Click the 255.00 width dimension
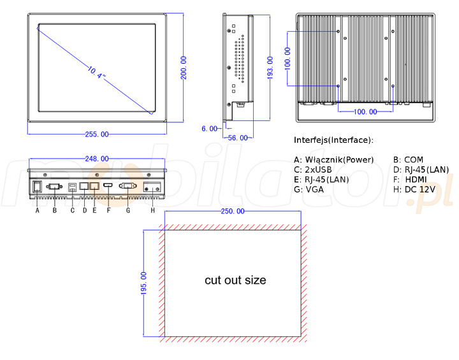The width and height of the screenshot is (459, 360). (96, 134)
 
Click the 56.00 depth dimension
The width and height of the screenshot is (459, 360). (237, 138)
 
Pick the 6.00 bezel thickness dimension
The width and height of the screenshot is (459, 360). (209, 129)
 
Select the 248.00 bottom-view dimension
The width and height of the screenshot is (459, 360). (97, 159)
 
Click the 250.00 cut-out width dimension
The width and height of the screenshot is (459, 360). (233, 211)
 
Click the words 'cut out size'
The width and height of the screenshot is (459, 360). (235, 280)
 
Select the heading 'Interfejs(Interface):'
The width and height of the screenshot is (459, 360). (333, 140)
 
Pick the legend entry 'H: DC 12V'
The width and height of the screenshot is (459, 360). (414, 190)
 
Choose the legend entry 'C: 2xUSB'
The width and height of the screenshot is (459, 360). (313, 169)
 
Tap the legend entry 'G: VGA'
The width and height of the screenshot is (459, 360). (310, 190)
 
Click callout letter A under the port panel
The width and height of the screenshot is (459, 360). (38, 210)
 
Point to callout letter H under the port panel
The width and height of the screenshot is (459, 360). (152, 210)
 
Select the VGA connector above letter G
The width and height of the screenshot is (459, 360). (127, 187)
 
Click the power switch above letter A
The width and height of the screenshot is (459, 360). (38, 187)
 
